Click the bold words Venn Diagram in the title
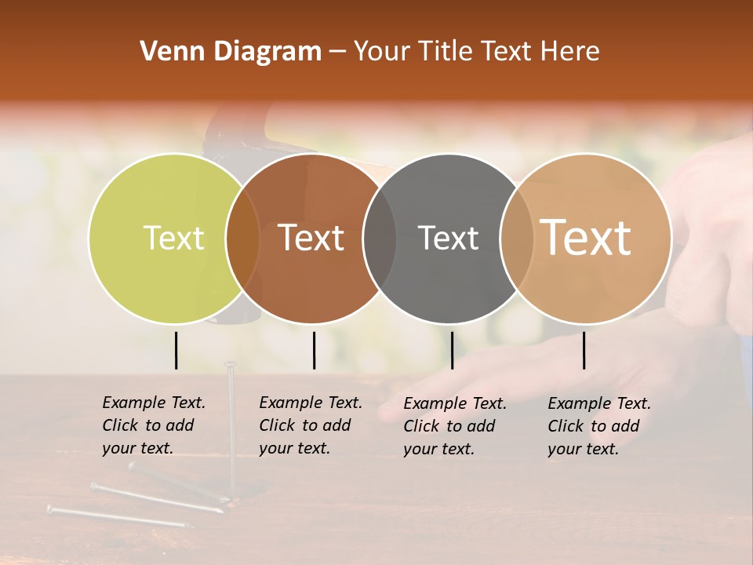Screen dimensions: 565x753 231,52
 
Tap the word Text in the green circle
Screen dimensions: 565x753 173,238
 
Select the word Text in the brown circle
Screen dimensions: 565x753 311,237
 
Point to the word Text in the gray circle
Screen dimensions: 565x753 448,238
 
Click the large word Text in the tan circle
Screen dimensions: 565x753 586,237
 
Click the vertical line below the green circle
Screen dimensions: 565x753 176,350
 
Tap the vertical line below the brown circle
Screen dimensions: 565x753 314,350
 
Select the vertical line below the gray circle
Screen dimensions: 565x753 452,350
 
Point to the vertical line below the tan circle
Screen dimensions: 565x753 584,350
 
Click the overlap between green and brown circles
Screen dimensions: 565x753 242,238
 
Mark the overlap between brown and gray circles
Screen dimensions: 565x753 380,238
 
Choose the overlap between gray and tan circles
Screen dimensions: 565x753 516,238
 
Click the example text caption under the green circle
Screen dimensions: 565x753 154,425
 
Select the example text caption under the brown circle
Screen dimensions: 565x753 311,425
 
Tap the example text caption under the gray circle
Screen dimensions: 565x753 455,426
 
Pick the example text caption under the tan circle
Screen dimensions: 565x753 599,426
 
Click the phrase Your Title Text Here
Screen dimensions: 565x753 476,52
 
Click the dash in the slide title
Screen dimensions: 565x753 337,52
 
